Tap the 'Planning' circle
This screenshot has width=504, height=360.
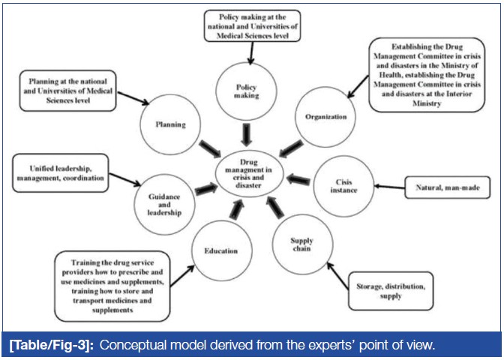(x=166, y=124)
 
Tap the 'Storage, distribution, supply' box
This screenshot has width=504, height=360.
(x=392, y=291)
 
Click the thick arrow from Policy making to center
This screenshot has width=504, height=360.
(x=246, y=133)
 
